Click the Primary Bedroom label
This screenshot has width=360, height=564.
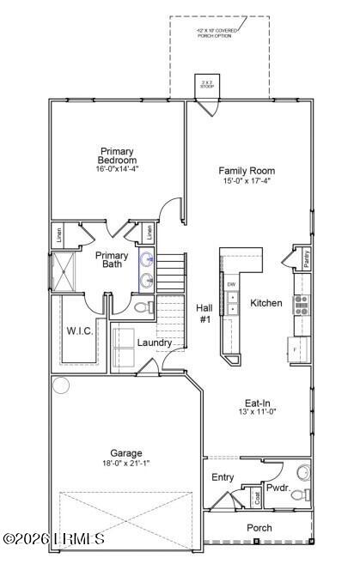tap(117, 156)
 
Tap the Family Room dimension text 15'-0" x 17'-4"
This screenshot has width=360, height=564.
tap(246, 181)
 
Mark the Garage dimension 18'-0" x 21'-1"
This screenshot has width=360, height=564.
tap(125, 464)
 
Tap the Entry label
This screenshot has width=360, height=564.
tap(223, 477)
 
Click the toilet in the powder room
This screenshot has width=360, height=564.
tap(302, 472)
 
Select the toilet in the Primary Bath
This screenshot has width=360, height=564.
tap(145, 306)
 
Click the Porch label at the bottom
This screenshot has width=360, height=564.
tap(259, 528)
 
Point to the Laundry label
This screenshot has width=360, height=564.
tap(155, 343)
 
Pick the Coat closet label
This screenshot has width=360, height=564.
tap(256, 496)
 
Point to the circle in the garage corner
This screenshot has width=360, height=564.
tap(61, 385)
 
